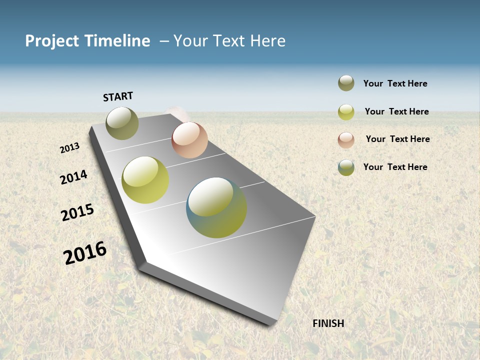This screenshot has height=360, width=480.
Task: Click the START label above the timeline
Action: coord(118,96)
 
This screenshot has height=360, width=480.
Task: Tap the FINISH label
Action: coord(328,323)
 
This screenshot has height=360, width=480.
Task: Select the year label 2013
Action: coord(69,148)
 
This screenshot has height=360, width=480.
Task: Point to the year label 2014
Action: coord(73,177)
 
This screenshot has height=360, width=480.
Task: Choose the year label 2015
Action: coord(77,212)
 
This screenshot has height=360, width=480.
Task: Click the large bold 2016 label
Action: coord(85,252)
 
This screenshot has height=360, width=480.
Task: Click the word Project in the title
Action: coord(52,41)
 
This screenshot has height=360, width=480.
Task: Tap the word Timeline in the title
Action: coord(117,41)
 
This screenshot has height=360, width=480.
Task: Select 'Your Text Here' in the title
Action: coord(229,41)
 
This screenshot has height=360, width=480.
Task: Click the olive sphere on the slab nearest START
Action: coord(122,123)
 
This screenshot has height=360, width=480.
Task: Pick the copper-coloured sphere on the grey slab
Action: coord(189,140)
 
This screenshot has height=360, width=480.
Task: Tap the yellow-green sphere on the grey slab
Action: coord(145,180)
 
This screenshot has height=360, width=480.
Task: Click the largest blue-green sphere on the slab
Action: coord(216,207)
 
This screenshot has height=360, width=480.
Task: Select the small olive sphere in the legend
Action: coord(346,83)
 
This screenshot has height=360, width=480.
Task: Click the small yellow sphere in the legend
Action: coord(346,112)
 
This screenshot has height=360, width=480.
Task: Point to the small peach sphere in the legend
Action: coord(346,139)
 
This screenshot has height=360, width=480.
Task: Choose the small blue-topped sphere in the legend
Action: coord(346,167)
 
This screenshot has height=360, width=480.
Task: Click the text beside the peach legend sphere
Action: coord(397,139)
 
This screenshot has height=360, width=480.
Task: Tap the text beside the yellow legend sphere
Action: coord(396,111)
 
